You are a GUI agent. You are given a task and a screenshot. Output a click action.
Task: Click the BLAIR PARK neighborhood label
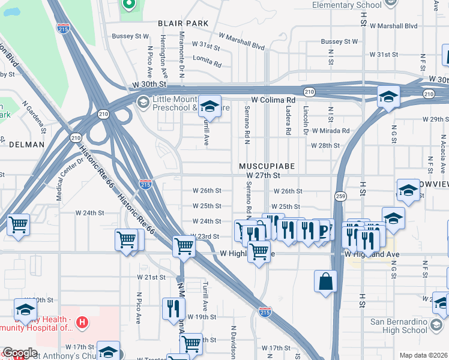pyautogui.click(x=183, y=23)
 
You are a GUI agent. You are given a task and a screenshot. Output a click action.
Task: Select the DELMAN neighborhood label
pyautogui.click(x=26, y=145)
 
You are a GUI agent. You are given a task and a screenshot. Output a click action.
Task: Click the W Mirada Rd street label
pyautogui.click(x=330, y=130)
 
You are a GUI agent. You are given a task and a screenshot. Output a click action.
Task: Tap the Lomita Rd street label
pyautogui.click(x=207, y=61)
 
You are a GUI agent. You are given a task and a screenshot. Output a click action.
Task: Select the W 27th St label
pyautogui.click(x=264, y=175)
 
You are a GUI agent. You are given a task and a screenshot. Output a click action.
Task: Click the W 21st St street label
pyautogui.click(x=151, y=277)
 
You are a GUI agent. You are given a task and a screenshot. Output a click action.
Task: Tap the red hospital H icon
pyautogui.click(x=83, y=322)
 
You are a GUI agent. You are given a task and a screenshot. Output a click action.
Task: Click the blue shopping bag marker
pyautogui.click(x=325, y=281)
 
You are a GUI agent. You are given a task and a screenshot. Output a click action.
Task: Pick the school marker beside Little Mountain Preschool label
pyautogui.click(x=209, y=106)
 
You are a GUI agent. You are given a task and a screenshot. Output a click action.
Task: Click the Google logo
pyautogui.click(x=19, y=353)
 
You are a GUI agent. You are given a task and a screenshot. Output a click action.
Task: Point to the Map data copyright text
pyautogui.click(x=423, y=355)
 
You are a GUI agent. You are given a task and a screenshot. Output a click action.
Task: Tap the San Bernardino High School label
pyautogui.click(x=399, y=326)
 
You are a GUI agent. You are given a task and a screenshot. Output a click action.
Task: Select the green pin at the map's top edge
pyautogui.click(x=128, y=5)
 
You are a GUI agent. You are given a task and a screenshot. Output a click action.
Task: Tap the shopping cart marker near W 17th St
pyautogui.click(x=191, y=344)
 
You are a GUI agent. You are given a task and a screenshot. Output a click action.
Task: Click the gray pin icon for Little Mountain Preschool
pyautogui.click(x=143, y=102)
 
